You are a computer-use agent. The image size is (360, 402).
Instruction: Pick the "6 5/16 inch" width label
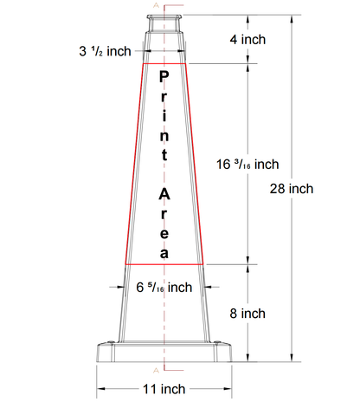(x=164, y=288)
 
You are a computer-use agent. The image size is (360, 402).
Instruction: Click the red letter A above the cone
(x=156, y=6)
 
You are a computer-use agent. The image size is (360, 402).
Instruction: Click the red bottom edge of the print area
(x=164, y=263)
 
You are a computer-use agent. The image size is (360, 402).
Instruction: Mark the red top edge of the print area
(x=164, y=63)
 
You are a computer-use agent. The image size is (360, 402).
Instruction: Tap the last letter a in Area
(x=164, y=252)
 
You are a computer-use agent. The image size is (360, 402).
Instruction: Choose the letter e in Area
(x=164, y=233)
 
